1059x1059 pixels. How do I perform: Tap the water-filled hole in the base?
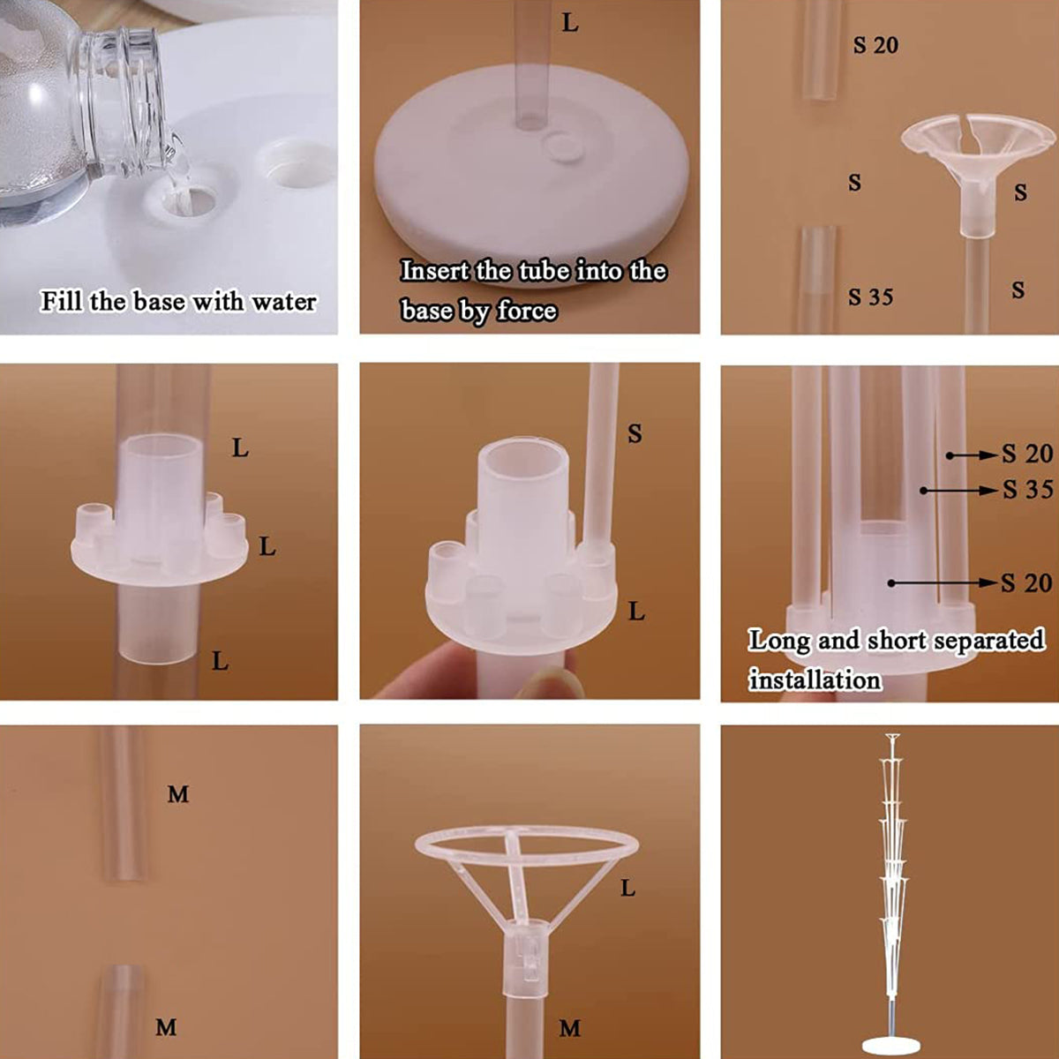click(188, 199)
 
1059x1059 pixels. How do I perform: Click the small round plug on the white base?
click(561, 146)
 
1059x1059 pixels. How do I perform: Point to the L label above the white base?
click(570, 24)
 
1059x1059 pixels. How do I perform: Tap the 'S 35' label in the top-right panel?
click(870, 297)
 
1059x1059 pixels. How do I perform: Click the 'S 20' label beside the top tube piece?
click(875, 45)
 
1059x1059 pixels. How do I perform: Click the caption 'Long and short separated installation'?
click(895, 658)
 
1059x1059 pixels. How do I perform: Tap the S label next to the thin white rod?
click(634, 433)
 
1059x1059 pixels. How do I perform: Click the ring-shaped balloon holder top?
click(526, 847)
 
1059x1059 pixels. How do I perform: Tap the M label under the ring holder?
click(570, 1028)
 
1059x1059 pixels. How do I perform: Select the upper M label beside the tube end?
click(178, 794)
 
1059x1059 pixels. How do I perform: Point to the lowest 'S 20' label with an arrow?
click(1026, 582)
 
